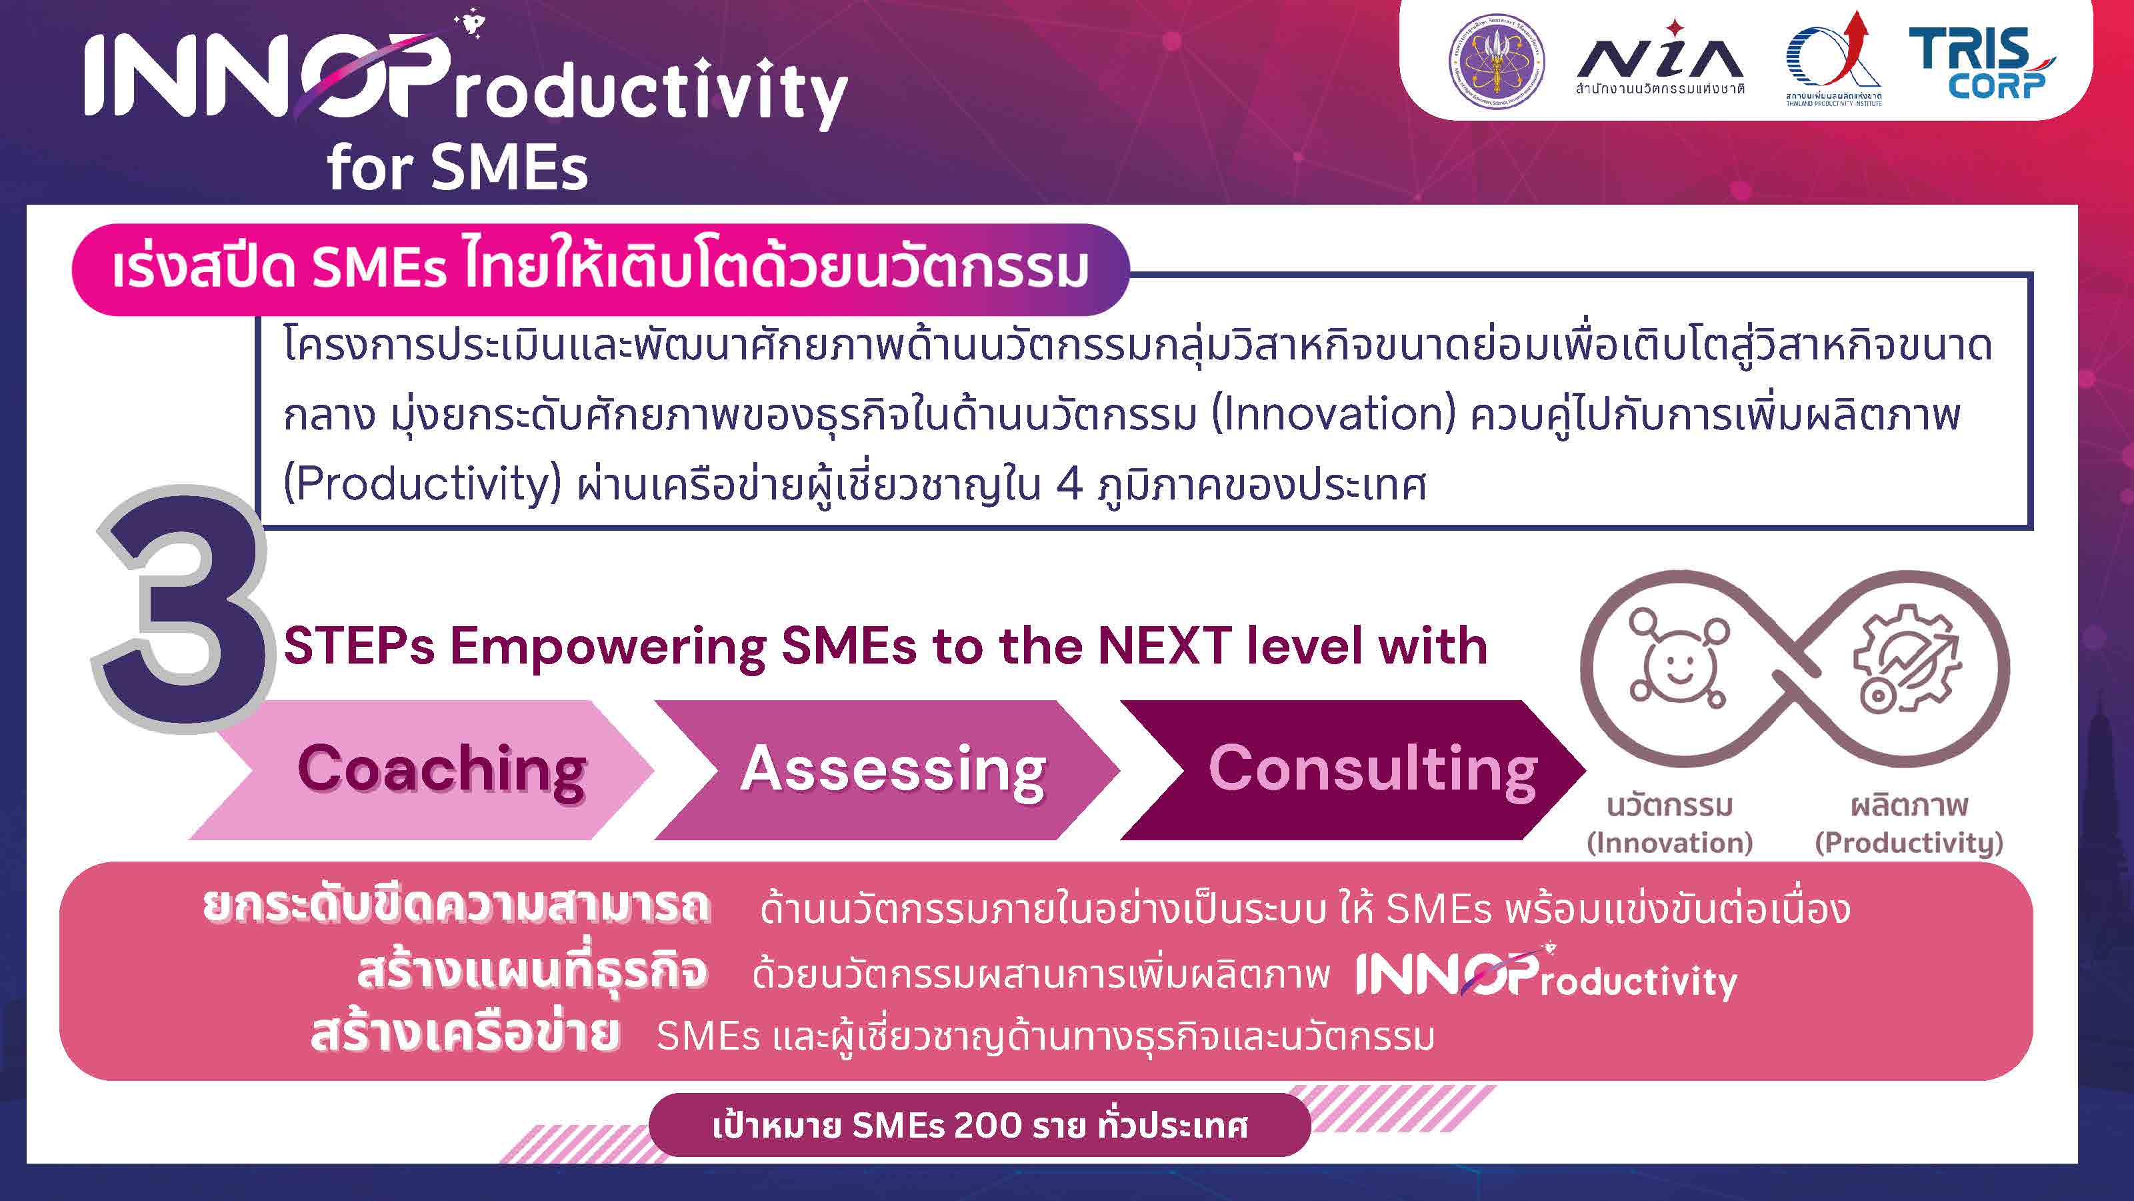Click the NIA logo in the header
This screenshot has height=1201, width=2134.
pos(1660,58)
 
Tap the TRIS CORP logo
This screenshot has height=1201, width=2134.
pos(1981,62)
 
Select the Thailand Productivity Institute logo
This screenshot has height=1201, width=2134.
pos(1833,59)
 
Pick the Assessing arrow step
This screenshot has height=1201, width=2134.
pos(887,770)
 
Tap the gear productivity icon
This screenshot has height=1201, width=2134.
pos(1906,659)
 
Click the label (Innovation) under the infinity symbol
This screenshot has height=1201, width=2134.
pos(1669,843)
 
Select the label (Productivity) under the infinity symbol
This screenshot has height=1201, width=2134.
pos(1909,843)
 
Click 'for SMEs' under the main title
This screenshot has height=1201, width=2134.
pos(457,167)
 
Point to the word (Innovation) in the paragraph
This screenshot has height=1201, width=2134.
pos(1333,414)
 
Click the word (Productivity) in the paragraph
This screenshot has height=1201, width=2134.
pos(423,485)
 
